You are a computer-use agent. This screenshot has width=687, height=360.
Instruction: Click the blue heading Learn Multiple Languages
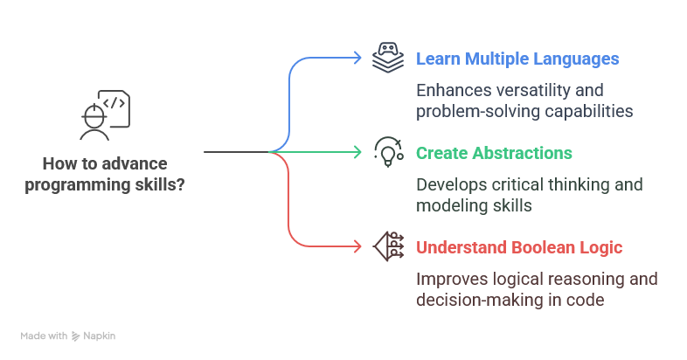(517, 59)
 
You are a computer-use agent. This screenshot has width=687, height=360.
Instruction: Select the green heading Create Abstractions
(494, 153)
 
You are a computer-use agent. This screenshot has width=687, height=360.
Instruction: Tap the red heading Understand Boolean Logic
(519, 247)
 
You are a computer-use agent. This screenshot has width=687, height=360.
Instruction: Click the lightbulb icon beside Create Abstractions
(387, 152)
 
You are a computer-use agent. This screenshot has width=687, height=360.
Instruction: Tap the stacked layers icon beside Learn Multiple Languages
(387, 59)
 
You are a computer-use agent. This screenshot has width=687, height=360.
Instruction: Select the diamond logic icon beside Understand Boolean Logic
(387, 246)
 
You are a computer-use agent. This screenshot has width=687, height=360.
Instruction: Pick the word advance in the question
(137, 163)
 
